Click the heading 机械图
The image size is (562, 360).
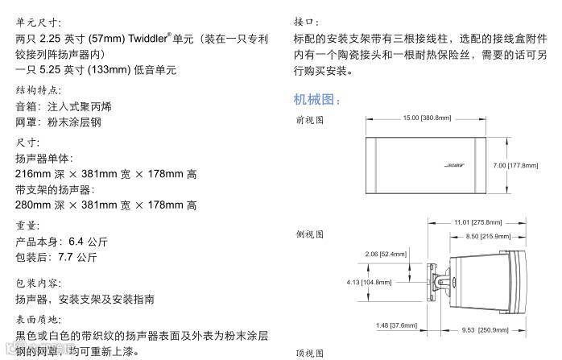pyautogui.click(x=317, y=100)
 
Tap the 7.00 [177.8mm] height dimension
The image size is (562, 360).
pyautogui.click(x=515, y=165)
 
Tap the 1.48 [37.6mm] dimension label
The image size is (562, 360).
pyautogui.click(x=397, y=325)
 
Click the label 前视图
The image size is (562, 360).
pyautogui.click(x=310, y=120)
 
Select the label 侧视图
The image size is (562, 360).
pyautogui.click(x=310, y=234)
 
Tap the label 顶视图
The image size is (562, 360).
pyautogui.click(x=310, y=353)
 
